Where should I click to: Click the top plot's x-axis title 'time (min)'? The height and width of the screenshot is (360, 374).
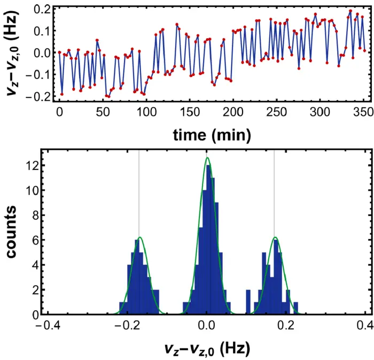coord(212,135)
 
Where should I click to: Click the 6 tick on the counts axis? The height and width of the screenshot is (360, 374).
coord(35,240)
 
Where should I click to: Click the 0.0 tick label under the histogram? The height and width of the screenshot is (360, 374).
coord(207,326)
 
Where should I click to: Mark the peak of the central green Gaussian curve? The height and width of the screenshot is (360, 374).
coord(207,157)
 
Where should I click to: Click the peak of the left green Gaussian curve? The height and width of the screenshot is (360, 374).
coord(140,238)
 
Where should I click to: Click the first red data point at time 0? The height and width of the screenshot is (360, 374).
coord(59,52)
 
